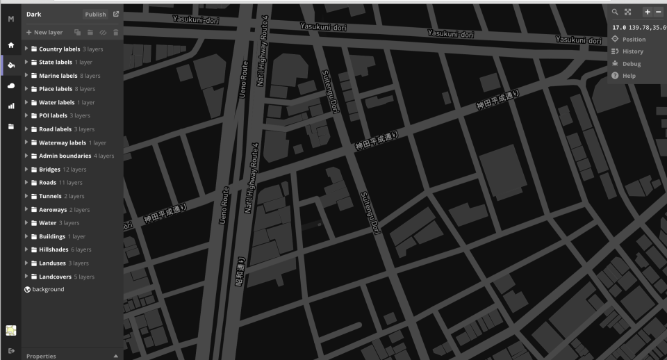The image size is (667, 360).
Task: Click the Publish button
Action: (x=95, y=14)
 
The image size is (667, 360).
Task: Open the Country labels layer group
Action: (x=59, y=49)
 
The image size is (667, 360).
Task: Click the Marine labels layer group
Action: (x=58, y=76)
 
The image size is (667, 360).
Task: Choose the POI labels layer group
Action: (x=53, y=115)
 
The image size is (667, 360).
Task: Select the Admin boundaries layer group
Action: (x=65, y=156)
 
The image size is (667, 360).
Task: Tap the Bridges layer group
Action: (x=49, y=170)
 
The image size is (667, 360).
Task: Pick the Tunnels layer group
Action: (x=50, y=196)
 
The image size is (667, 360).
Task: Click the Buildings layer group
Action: (x=51, y=236)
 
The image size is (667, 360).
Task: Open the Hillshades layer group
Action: (x=55, y=249)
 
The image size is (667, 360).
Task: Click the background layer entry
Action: (x=48, y=289)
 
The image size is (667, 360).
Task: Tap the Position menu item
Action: (x=633, y=40)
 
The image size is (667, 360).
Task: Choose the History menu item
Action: (x=632, y=51)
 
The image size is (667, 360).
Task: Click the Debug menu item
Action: (x=631, y=64)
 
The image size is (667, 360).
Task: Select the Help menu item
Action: (x=629, y=76)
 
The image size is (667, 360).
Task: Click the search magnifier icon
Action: (x=615, y=12)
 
